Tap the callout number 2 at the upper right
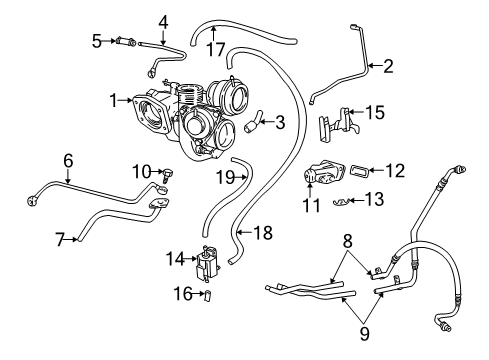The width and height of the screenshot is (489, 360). coord(387,67)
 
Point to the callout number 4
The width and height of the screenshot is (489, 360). coord(163,20)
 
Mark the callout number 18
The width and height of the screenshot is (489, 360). coord(261,233)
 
